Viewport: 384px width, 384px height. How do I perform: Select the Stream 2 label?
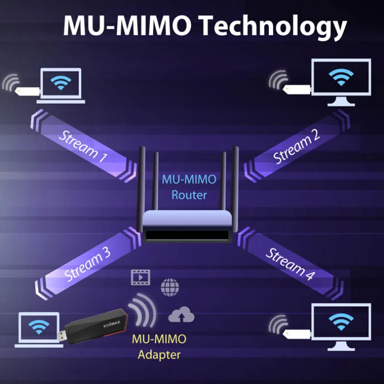coord(296,148)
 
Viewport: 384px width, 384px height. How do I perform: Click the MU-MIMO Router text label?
coord(189,188)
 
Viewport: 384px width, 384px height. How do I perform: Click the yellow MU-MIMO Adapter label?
coord(159,347)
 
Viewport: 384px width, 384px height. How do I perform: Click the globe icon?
coord(170,287)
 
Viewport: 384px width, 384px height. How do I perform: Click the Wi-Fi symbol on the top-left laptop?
coord(60,83)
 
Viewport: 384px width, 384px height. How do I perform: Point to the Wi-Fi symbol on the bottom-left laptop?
coord(38,327)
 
